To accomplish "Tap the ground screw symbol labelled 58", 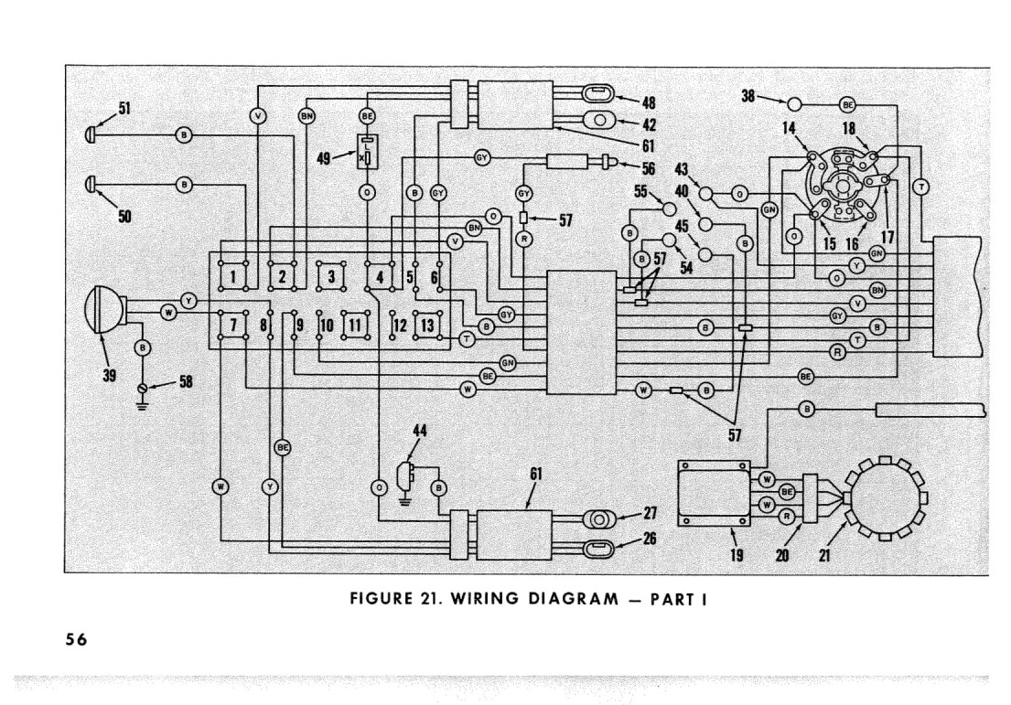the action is coord(143,388).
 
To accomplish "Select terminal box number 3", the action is coord(331,276).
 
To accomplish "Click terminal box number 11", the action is coord(356,325).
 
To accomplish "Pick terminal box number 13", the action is coord(427,325).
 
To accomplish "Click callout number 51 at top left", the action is coord(124,108).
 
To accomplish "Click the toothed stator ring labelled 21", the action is coord(886,497).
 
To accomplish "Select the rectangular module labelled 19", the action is coord(714,493).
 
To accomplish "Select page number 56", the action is coord(76,639).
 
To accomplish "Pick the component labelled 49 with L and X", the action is coord(368,152).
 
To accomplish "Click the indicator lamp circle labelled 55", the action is coord(670,208).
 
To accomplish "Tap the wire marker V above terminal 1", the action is coord(258,116).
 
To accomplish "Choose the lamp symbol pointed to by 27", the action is coord(599,519).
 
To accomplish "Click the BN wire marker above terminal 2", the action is coord(307,116).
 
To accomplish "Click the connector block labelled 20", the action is coord(811,498).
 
